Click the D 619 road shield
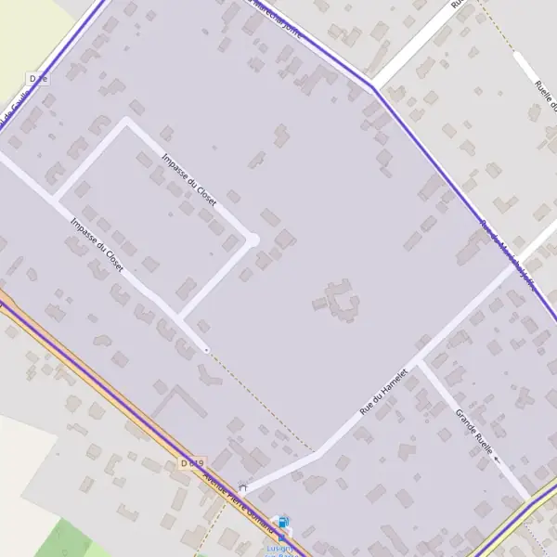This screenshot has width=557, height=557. (192, 462)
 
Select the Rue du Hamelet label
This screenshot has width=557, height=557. (385, 389)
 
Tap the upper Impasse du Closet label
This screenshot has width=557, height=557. (188, 180)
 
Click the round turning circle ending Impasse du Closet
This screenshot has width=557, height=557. (253, 240)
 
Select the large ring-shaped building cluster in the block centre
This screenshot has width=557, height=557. (337, 301)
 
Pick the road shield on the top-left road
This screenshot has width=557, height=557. (38, 79)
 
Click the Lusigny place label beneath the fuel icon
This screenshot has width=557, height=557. (279, 548)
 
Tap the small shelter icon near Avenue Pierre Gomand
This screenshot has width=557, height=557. (243, 485)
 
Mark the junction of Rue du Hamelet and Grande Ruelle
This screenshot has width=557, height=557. (420, 362)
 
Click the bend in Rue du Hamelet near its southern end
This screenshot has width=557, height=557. (318, 453)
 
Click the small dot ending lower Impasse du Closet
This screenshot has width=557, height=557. (206, 350)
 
